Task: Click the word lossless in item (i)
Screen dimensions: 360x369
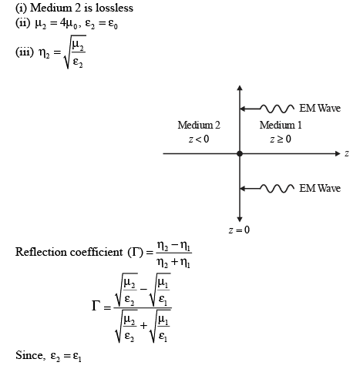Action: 114,8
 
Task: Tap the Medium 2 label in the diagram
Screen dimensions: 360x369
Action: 199,125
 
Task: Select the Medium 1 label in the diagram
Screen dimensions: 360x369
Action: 281,125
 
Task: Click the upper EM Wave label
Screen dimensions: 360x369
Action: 320,108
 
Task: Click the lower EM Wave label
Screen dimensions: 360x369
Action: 320,188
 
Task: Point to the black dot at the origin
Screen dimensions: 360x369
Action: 240,153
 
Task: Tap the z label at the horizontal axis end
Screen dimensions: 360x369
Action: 347,153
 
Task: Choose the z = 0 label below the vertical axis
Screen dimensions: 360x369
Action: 239,230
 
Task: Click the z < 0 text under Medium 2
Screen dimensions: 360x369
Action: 199,139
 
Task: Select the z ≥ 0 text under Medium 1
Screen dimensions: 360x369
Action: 281,139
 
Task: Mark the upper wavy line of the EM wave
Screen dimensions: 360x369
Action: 278,109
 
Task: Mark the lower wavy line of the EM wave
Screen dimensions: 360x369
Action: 278,189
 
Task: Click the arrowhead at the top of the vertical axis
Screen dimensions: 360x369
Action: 240,88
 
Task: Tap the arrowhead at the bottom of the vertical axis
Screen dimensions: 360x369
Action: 240,220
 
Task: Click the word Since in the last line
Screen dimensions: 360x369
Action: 29,355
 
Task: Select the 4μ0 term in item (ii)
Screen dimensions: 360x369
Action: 69,24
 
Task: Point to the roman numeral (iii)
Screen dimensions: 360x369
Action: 25,52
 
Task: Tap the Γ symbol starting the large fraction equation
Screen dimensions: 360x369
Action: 96,306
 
